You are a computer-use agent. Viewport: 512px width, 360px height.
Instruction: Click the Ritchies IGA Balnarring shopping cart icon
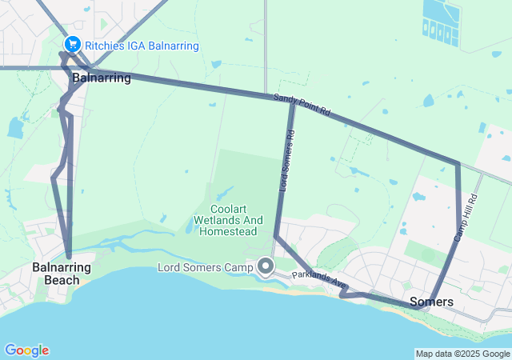point(73,45)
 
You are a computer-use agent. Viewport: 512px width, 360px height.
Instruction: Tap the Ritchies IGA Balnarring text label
point(141,46)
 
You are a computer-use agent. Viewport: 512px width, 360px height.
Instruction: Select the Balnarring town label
point(102,78)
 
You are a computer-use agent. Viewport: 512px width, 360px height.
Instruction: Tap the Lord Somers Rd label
point(286,160)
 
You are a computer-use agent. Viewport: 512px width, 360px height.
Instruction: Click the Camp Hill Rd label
point(466,218)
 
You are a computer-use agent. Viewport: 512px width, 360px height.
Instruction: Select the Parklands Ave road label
point(319,280)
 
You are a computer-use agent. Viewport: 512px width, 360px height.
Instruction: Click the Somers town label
point(431,302)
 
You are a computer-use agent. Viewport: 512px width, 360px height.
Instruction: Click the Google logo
point(26,350)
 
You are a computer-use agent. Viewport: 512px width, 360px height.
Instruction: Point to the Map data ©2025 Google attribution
point(462,354)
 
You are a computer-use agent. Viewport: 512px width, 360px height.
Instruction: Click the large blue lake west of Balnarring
point(15,128)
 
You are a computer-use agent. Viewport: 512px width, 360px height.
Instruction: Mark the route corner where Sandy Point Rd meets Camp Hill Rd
point(458,164)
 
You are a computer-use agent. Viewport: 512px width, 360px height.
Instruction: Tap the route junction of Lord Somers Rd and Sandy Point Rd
point(291,102)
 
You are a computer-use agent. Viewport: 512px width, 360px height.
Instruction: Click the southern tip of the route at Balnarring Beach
point(69,255)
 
